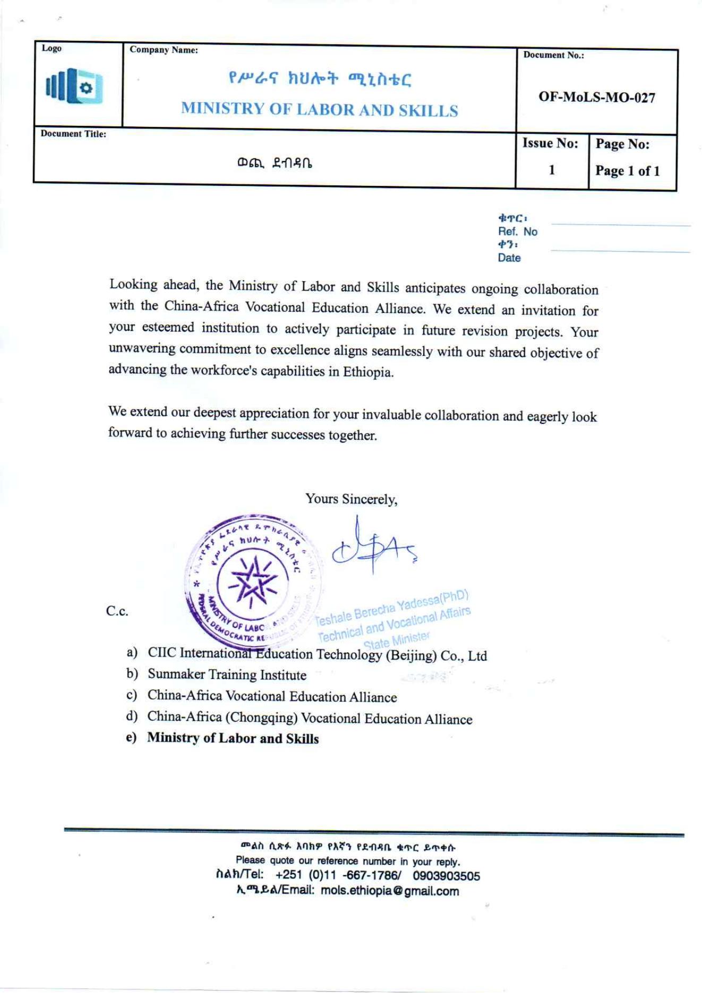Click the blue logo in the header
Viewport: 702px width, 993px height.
click(x=74, y=87)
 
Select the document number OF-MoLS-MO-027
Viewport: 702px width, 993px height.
click(x=597, y=97)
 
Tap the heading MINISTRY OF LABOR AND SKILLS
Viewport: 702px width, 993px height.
click(x=319, y=109)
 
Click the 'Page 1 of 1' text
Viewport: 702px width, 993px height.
click(x=627, y=171)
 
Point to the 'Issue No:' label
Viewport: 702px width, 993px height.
click(x=550, y=143)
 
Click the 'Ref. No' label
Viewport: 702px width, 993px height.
click(x=517, y=232)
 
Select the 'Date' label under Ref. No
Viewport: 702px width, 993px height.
click(x=509, y=258)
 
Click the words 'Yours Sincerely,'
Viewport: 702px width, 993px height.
click(x=351, y=499)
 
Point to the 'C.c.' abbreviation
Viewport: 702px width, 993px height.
click(x=117, y=611)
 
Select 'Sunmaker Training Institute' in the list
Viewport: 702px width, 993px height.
click(x=227, y=675)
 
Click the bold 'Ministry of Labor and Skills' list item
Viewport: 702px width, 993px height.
click(x=233, y=739)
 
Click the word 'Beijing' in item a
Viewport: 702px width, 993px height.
click(x=410, y=656)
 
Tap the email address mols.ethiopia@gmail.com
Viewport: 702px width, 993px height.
click(x=389, y=891)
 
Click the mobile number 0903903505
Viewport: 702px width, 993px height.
click(x=446, y=876)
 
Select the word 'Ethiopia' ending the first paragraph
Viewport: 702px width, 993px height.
click(x=367, y=371)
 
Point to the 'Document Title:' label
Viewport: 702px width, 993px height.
click(x=73, y=134)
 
